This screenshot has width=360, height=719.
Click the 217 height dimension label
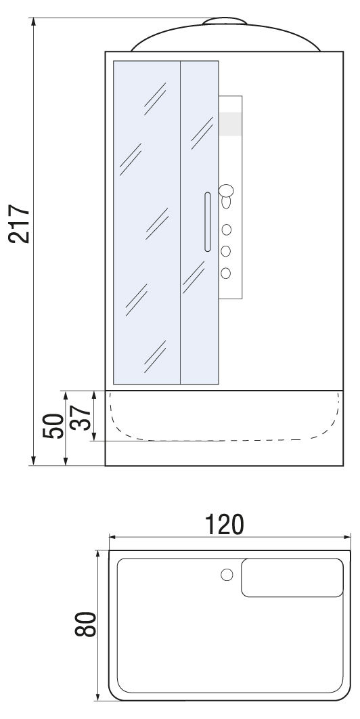[x=19, y=223]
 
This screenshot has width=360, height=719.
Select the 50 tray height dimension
[x=53, y=426]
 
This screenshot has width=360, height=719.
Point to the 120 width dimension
[x=224, y=525]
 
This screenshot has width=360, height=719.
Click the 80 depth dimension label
[x=85, y=624]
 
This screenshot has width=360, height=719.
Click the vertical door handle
[x=207, y=222]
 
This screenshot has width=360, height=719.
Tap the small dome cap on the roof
[x=225, y=21]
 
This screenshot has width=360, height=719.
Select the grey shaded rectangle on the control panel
[x=230, y=124]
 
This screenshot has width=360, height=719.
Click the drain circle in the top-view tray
[x=227, y=574]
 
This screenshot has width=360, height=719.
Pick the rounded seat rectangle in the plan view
[x=292, y=578]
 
